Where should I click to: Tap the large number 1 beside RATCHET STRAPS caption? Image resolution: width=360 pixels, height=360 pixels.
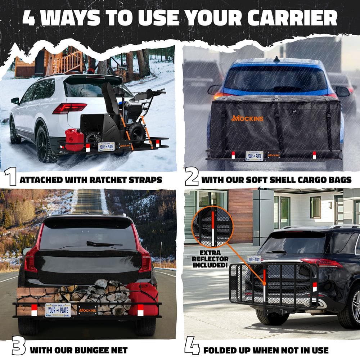10,176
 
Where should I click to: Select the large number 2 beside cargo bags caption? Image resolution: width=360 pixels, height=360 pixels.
192,176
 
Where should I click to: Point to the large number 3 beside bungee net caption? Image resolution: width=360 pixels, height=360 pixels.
18,346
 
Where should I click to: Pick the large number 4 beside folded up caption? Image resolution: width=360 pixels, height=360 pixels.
192,346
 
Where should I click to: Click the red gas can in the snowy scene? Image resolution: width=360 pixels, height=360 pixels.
74,140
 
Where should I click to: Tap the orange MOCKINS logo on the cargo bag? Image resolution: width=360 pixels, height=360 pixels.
247,118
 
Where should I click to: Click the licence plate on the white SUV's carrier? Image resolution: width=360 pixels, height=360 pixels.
106,147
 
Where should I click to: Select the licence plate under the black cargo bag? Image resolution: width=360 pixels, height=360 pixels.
254,156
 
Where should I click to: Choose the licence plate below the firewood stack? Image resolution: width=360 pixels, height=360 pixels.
58,310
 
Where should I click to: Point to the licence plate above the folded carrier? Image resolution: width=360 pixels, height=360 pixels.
254,259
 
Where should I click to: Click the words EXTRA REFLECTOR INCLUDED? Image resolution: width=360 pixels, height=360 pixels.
210,259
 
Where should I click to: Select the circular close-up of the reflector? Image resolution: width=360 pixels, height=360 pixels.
212,226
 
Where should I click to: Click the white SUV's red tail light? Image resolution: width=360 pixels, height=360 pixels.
69,108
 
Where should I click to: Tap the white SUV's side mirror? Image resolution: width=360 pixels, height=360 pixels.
15,101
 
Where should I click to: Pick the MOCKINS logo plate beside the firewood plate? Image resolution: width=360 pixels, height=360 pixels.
87,310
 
